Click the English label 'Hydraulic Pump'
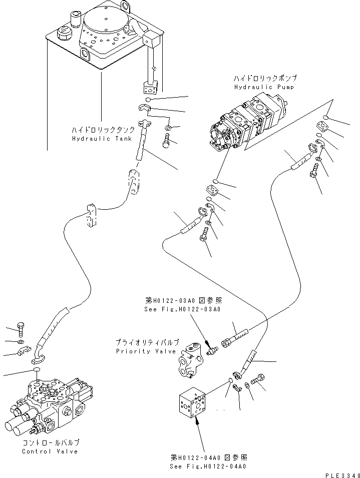click(x=264, y=87)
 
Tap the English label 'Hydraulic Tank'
click(x=102, y=139)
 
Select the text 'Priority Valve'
click(x=146, y=351)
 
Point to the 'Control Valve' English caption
click(x=50, y=451)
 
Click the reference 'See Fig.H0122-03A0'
click(x=182, y=309)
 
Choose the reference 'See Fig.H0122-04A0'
click(x=208, y=466)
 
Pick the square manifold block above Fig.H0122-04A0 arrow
click(x=192, y=403)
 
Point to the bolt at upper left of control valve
click(x=21, y=329)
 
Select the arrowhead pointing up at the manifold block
click(x=197, y=422)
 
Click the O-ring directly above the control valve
click(x=37, y=370)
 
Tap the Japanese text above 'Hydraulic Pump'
click(x=265, y=79)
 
